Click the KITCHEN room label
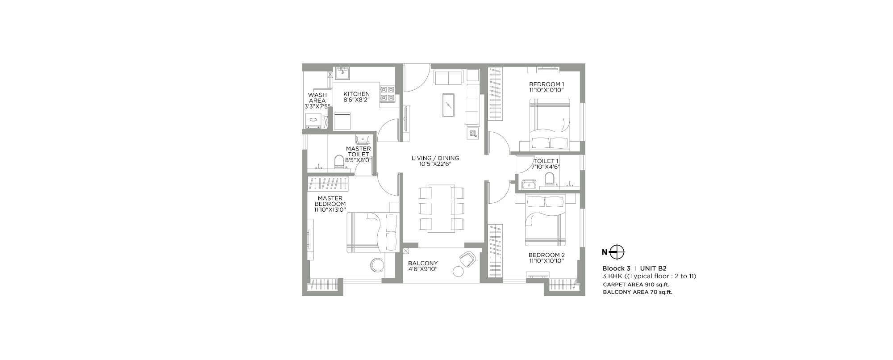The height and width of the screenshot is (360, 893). click(x=356, y=94)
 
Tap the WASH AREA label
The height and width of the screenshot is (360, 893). click(x=317, y=98)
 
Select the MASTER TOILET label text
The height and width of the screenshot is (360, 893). click(x=359, y=151)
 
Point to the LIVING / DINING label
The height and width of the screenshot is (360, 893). click(x=435, y=158)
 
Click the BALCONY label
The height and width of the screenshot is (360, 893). click(x=423, y=263)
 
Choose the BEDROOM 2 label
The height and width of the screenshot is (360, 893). click(x=547, y=255)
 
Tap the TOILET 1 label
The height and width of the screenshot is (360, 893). click(x=546, y=161)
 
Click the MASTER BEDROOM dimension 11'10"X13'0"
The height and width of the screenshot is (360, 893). click(x=330, y=209)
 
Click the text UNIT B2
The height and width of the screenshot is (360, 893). click(x=653, y=268)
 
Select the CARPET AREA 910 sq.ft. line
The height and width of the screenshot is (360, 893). click(x=636, y=285)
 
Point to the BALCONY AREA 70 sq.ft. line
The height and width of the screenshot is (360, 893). click(x=638, y=293)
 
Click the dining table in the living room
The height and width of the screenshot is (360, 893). click(x=441, y=208)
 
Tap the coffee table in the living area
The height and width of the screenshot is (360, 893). click(x=448, y=105)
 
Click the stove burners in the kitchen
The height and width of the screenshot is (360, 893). click(x=387, y=93)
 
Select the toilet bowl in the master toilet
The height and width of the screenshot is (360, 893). click(x=339, y=162)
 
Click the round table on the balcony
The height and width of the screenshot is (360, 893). click(x=459, y=271)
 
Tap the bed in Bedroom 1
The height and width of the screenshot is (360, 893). click(x=550, y=125)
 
